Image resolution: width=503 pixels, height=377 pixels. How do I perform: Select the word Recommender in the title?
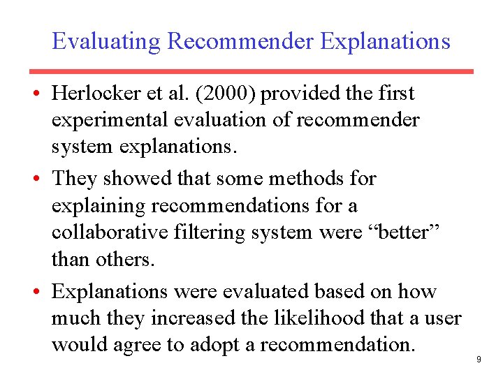[x=240, y=41]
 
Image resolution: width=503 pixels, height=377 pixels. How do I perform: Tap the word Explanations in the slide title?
[x=386, y=41]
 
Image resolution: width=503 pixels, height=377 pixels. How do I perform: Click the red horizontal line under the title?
[x=251, y=71]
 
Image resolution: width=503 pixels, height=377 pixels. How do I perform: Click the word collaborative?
[x=105, y=232]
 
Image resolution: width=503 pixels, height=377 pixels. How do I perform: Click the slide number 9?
[x=479, y=359]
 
